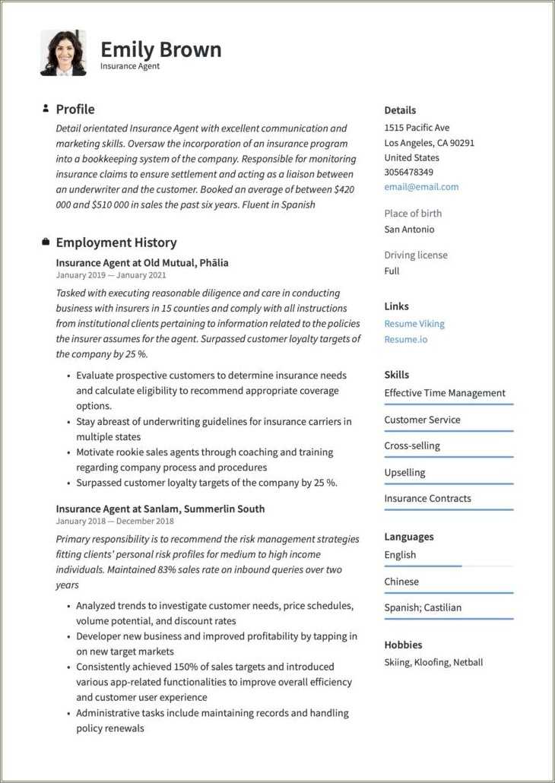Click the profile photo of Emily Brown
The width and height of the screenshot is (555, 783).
pyautogui.click(x=63, y=53)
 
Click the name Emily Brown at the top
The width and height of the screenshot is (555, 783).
pyautogui.click(x=160, y=49)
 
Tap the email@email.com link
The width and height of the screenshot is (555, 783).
pyautogui.click(x=421, y=187)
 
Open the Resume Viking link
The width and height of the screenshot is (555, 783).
pyautogui.click(x=414, y=324)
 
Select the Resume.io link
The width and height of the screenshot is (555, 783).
pyautogui.click(x=405, y=339)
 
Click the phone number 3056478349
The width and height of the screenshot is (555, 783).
pyautogui.click(x=408, y=173)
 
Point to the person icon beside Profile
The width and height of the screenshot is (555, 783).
pyautogui.click(x=46, y=109)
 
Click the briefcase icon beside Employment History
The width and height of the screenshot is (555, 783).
pyautogui.click(x=46, y=243)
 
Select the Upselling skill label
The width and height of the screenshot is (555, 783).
pyautogui.click(x=404, y=472)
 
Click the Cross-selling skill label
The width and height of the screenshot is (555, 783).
pyautogui.click(x=412, y=445)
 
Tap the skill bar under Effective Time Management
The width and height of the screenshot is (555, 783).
pyautogui.click(x=449, y=404)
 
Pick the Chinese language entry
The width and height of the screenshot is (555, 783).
pyautogui.click(x=401, y=582)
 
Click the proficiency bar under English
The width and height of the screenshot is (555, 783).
pyautogui.click(x=423, y=566)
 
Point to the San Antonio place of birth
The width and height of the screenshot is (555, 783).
pyautogui.click(x=409, y=229)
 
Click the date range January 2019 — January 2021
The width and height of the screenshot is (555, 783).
pyautogui.click(x=111, y=275)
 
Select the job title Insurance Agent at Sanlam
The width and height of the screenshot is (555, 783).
pyautogui.click(x=160, y=509)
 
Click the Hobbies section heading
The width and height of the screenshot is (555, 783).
pyautogui.click(x=403, y=645)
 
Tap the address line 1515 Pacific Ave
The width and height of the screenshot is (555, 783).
pyautogui.click(x=417, y=128)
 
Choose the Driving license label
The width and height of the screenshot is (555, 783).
pyautogui.click(x=416, y=255)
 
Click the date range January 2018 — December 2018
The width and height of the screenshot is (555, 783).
pyautogui.click(x=115, y=521)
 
